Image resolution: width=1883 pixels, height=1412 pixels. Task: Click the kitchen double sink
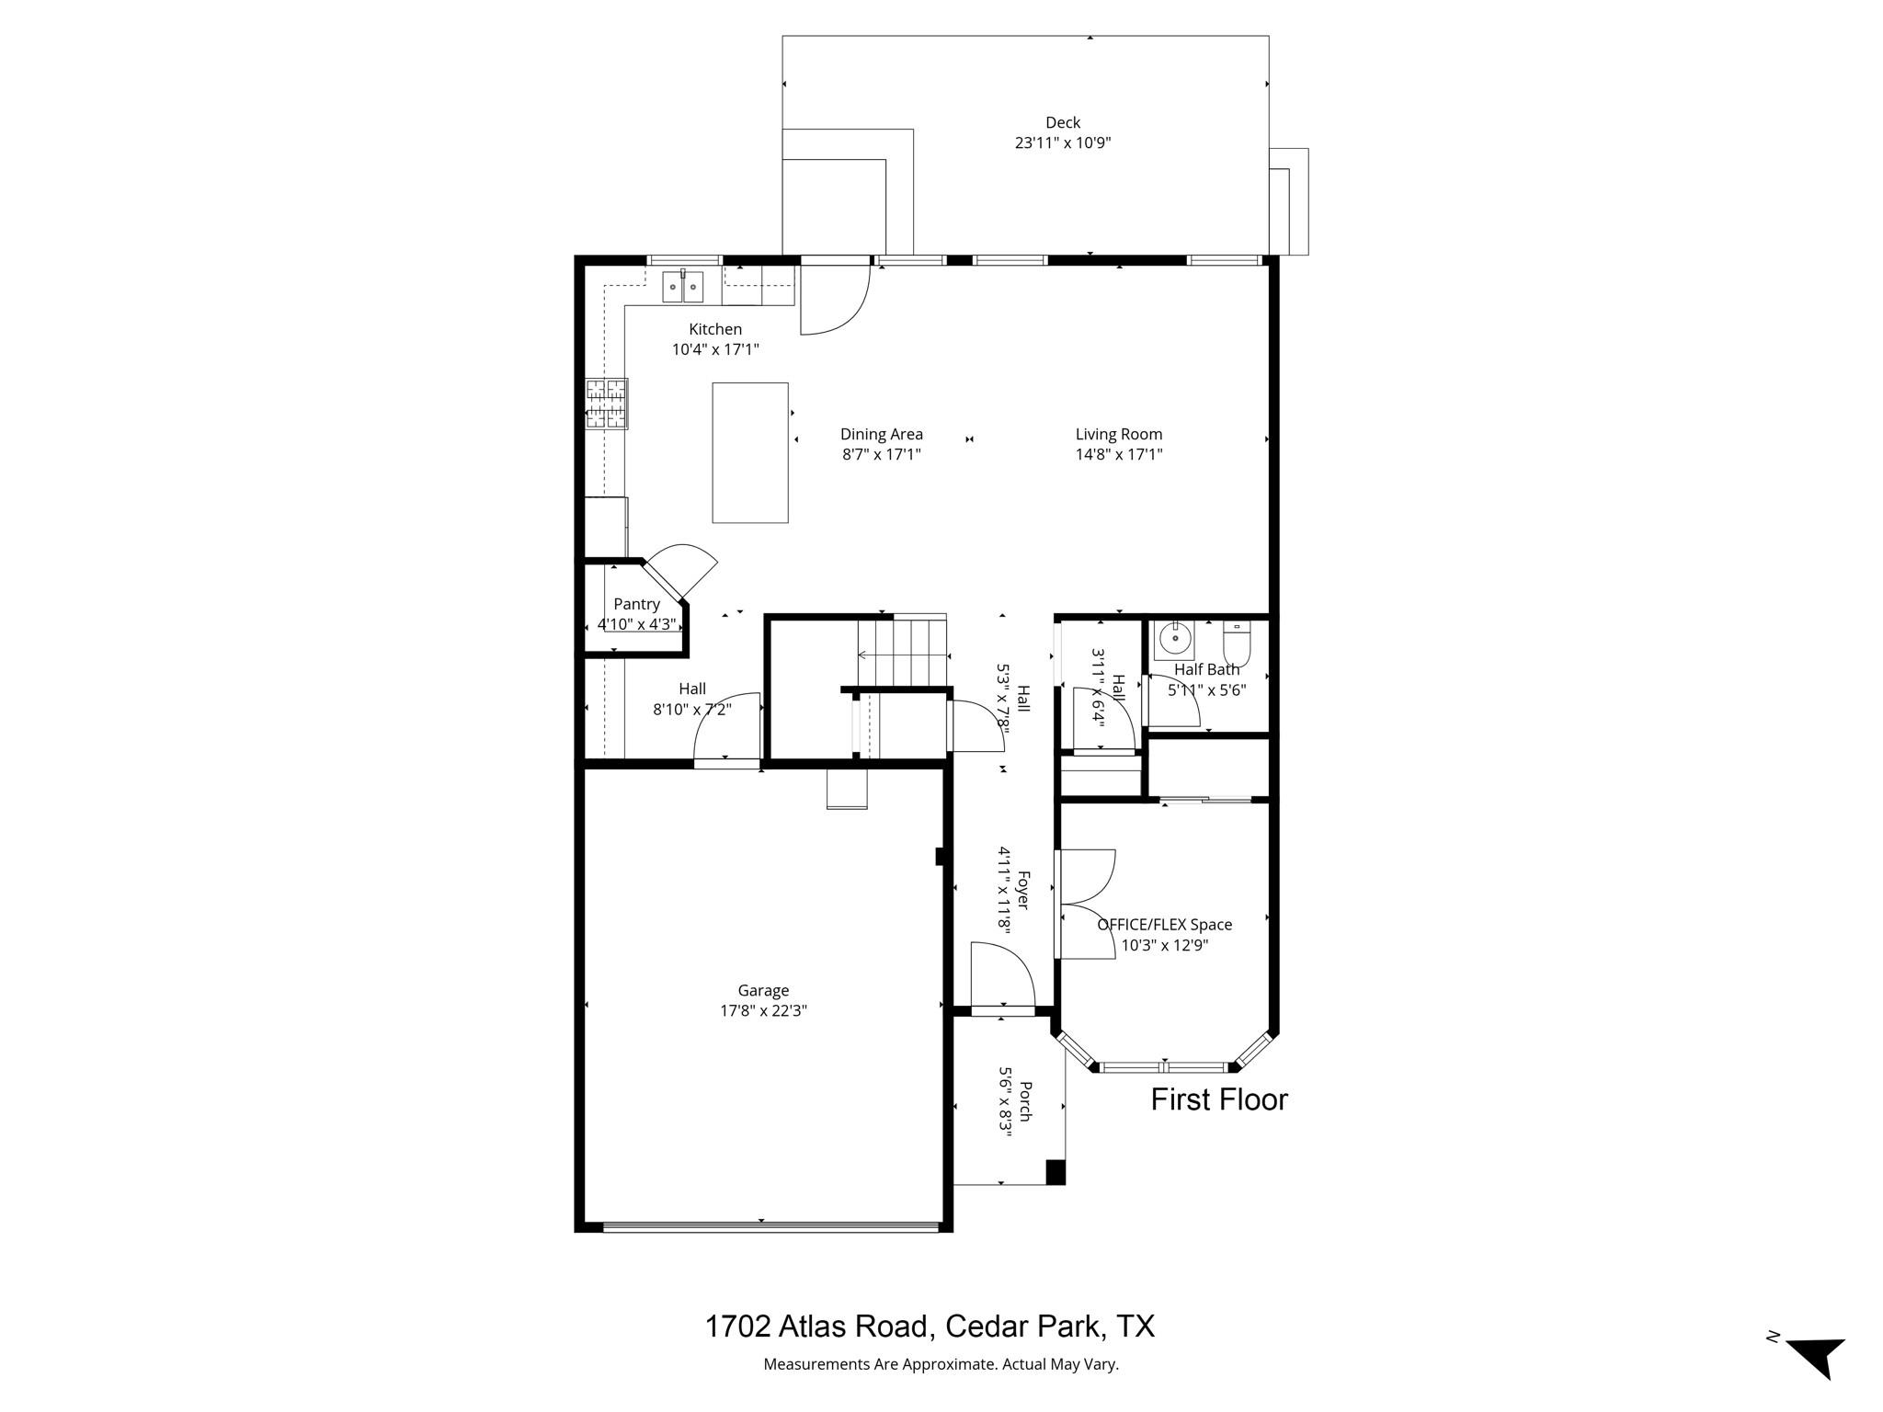click(x=683, y=287)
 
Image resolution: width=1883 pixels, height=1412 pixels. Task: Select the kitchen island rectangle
click(x=750, y=452)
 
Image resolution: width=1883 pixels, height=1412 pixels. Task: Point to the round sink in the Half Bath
click(x=1174, y=637)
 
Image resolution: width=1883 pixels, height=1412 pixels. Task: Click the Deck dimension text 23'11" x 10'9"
click(x=1063, y=142)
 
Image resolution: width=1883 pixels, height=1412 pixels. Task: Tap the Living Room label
click(x=1119, y=434)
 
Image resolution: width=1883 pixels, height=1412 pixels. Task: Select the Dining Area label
click(x=881, y=434)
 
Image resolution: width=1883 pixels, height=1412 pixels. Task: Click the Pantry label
click(x=636, y=604)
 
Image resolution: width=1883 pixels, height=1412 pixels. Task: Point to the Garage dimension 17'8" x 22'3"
click(x=763, y=1010)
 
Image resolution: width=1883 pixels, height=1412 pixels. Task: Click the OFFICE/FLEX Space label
click(x=1164, y=925)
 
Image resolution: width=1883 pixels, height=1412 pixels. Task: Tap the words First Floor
click(x=1219, y=1099)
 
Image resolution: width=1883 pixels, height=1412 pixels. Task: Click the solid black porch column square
click(x=1056, y=1173)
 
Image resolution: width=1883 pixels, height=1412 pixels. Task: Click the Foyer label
click(x=1023, y=890)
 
